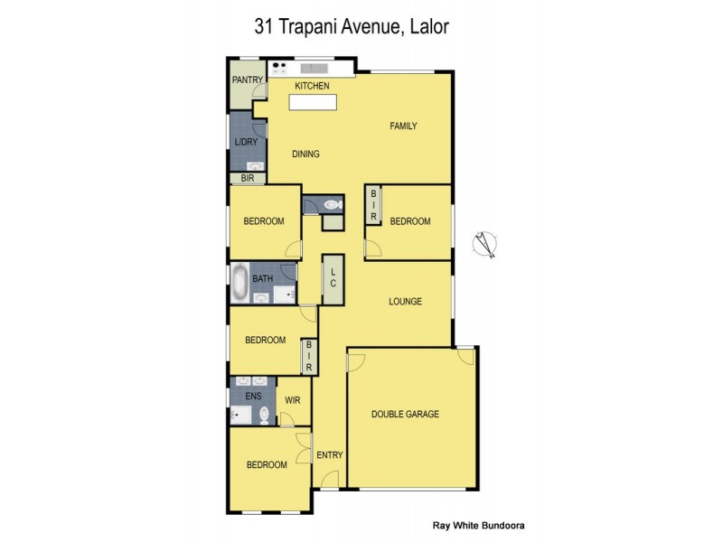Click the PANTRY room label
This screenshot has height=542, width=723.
tap(247, 79)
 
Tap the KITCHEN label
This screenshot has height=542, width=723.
tap(312, 86)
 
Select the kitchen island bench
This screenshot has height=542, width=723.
tap(312, 102)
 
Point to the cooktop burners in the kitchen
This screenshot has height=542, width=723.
tap(278, 66)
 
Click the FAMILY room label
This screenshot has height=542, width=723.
tap(403, 126)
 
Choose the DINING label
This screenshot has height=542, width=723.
tap(305, 154)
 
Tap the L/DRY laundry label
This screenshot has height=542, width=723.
tap(245, 142)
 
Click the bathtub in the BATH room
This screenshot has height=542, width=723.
tap(239, 283)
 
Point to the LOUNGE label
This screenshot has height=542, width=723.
tap(405, 302)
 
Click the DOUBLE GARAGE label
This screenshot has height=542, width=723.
tap(405, 414)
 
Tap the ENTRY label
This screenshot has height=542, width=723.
tap(329, 455)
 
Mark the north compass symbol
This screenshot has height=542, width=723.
tap(485, 244)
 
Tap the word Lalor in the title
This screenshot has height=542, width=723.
tap(428, 26)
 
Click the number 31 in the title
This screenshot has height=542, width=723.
tap(264, 26)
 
